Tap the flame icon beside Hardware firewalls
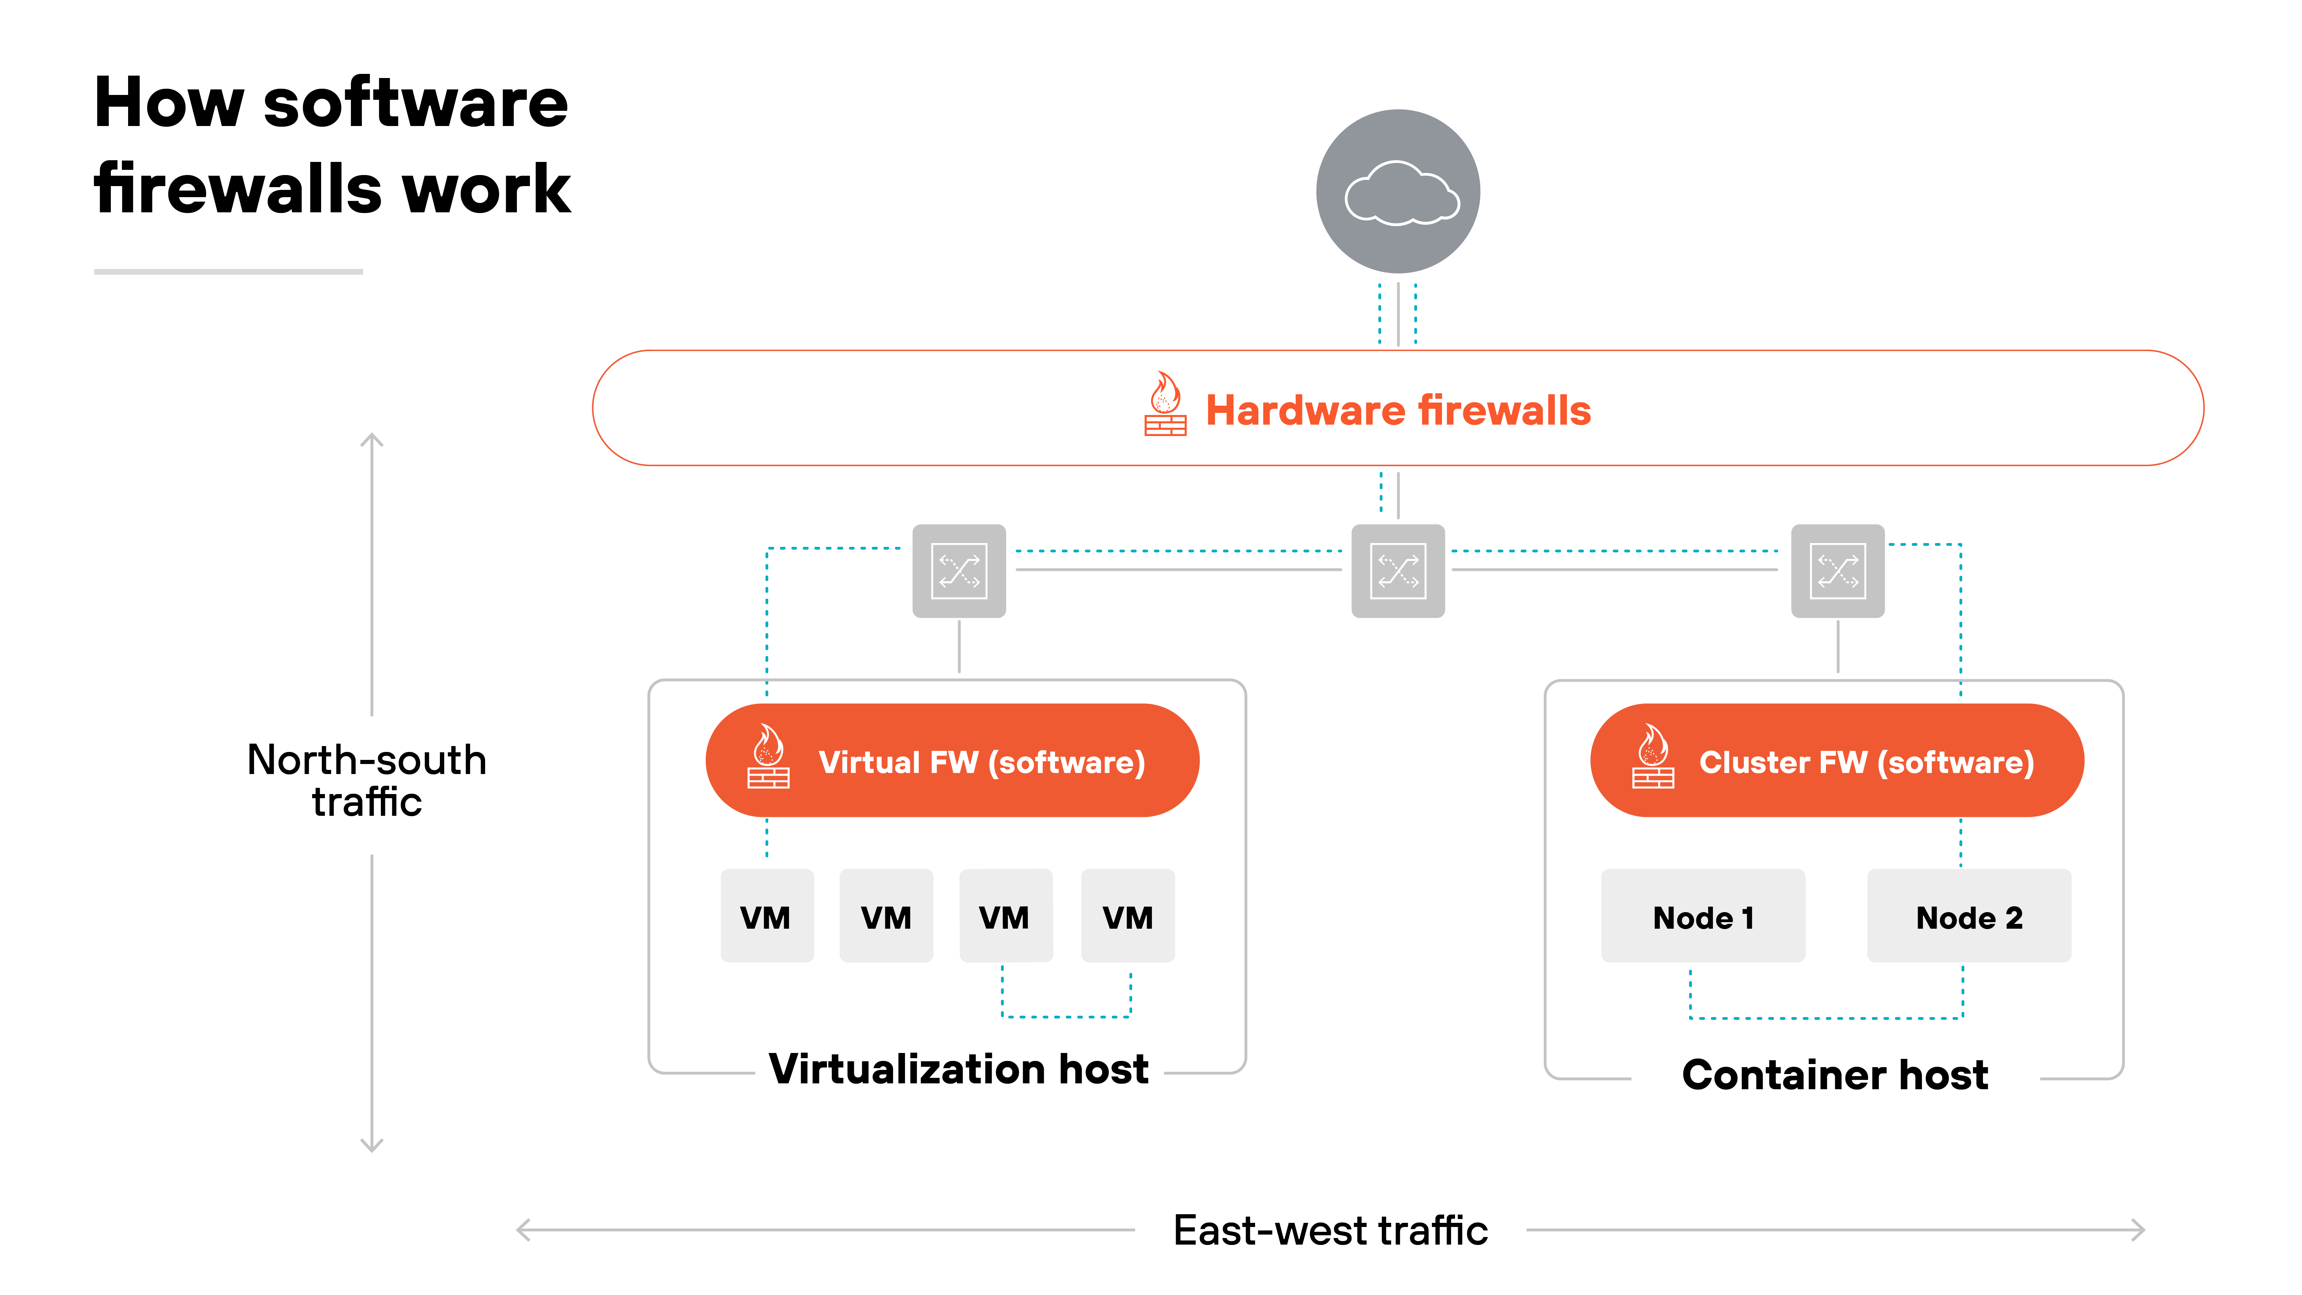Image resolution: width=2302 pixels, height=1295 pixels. pos(1165,405)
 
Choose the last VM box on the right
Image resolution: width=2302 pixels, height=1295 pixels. pos(1128,916)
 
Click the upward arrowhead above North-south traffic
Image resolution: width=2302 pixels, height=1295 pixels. pos(372,440)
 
